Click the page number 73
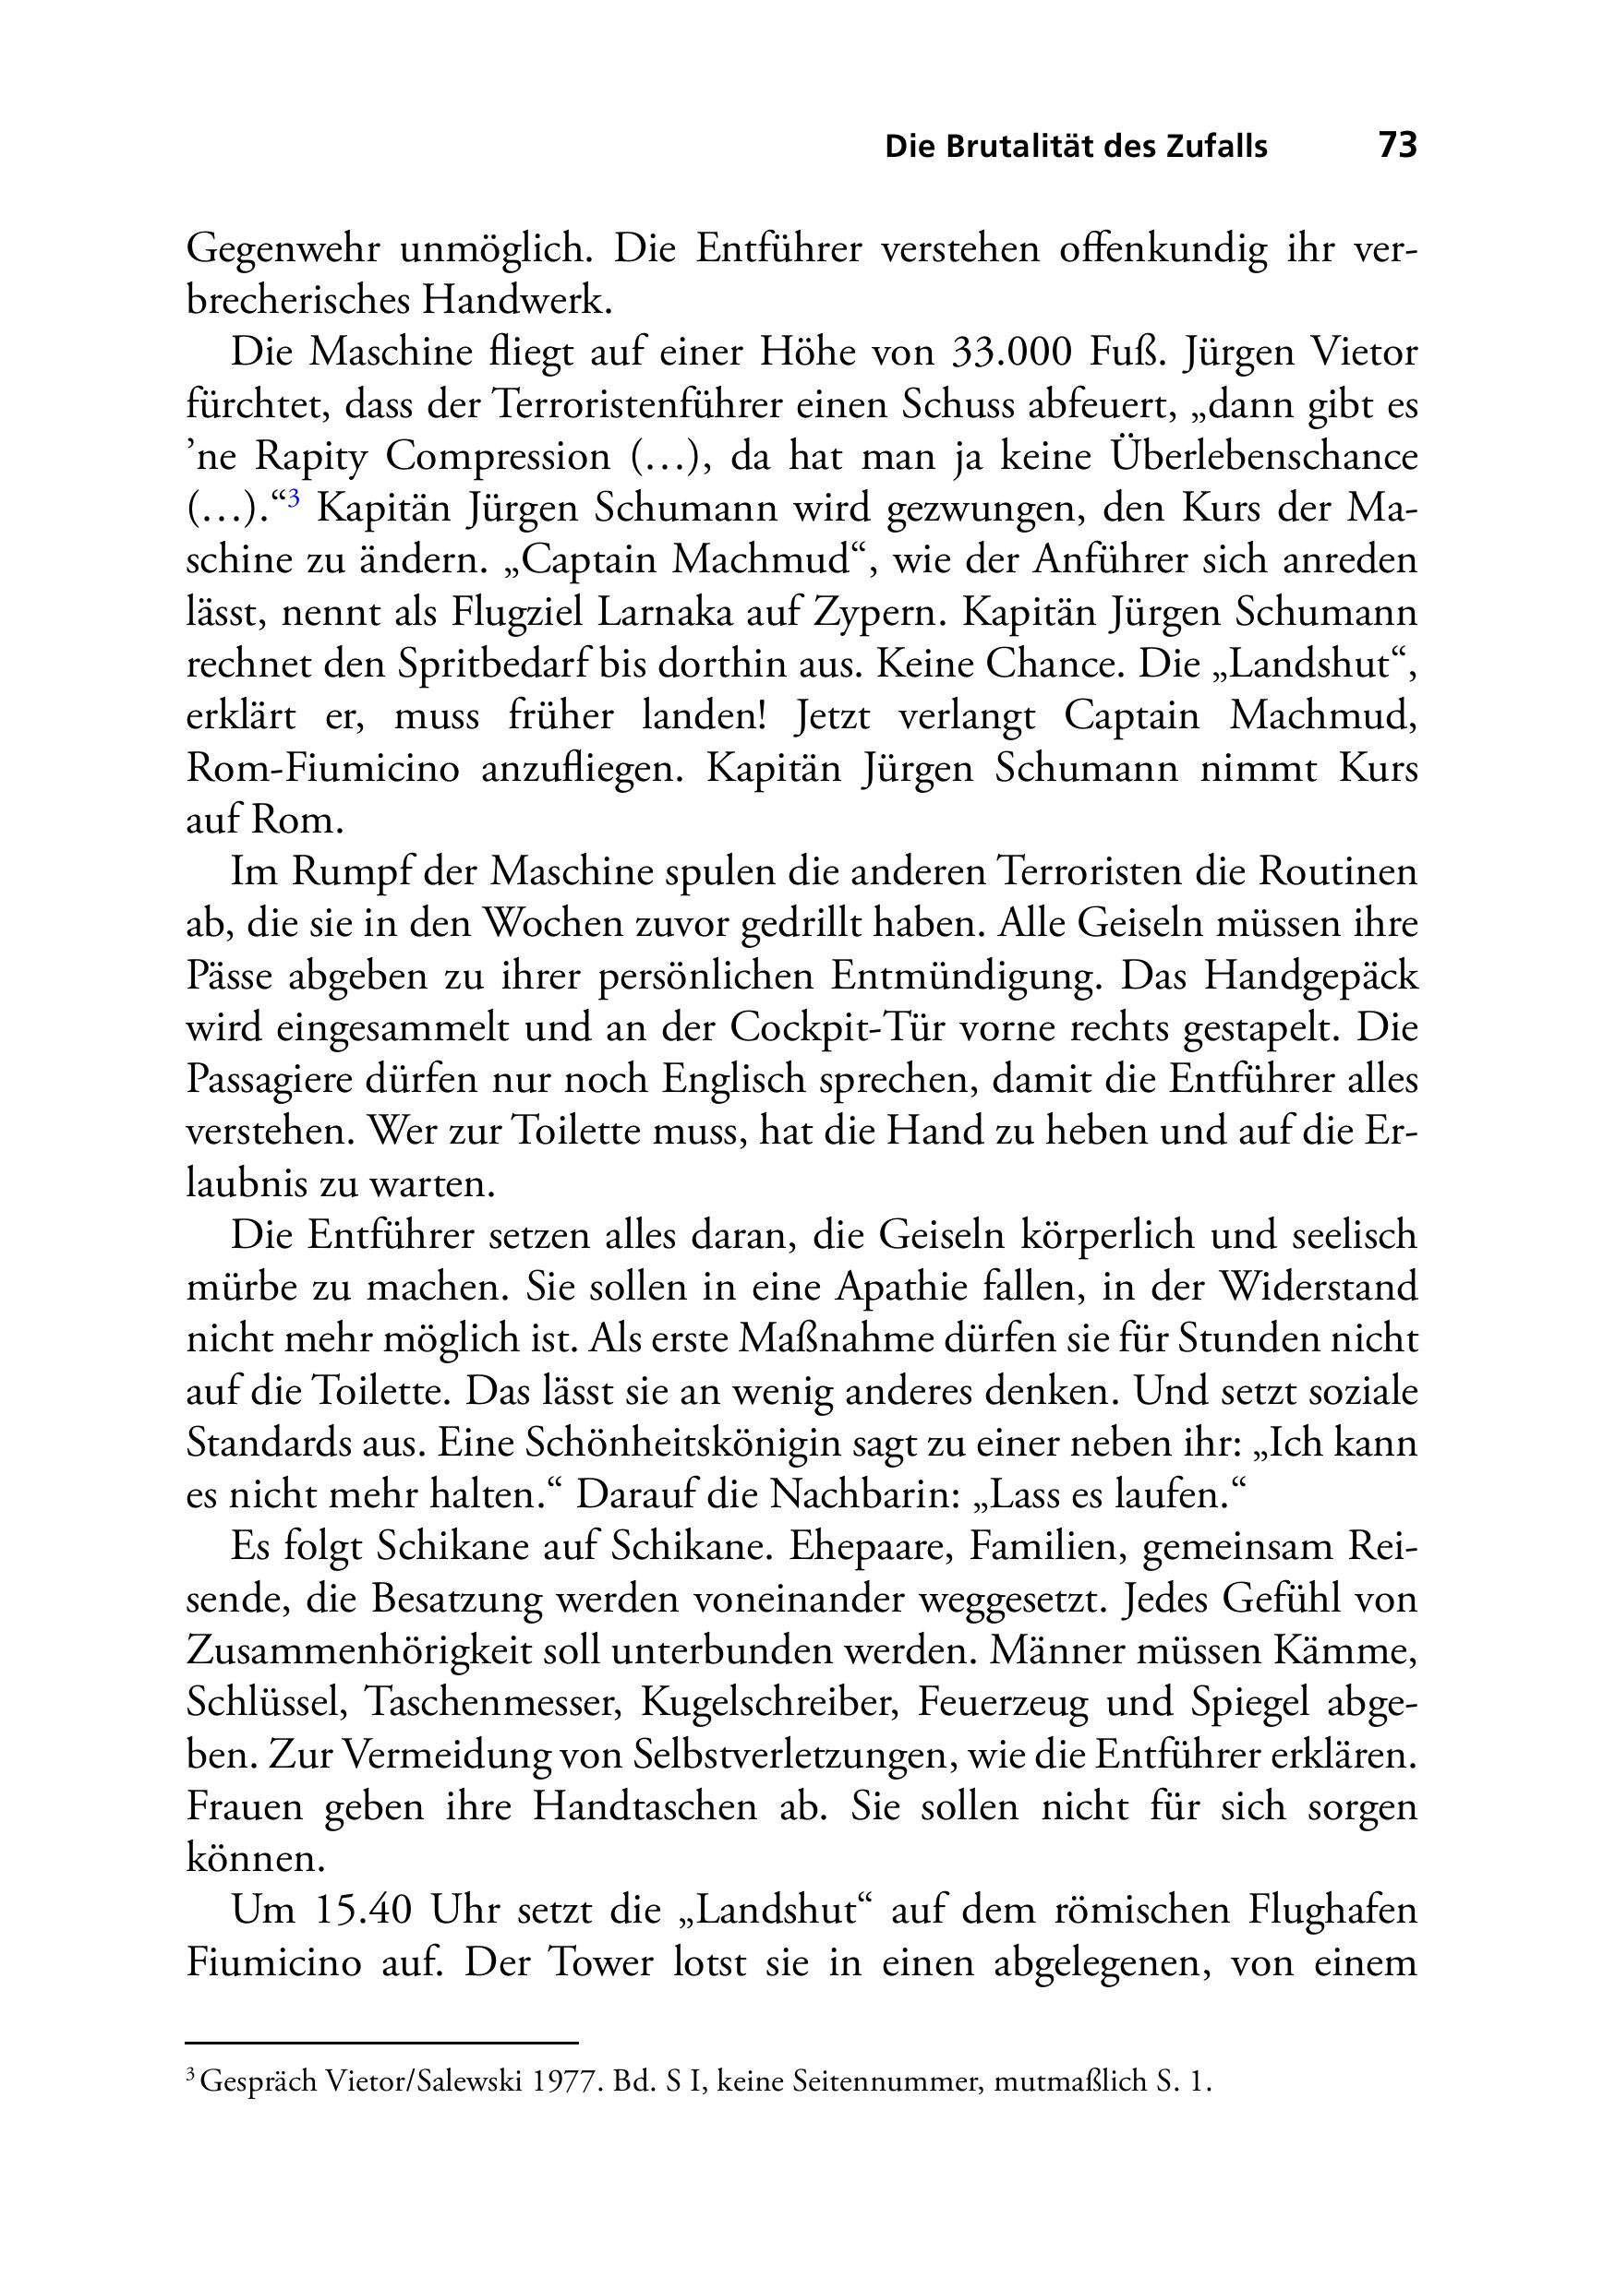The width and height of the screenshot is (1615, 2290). pyautogui.click(x=1396, y=146)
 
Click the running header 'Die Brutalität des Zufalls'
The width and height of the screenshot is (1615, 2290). pyautogui.click(x=1076, y=147)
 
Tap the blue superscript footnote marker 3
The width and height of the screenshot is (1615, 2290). pyautogui.click(x=294, y=498)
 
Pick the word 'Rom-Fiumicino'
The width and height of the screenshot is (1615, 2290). pyautogui.click(x=323, y=768)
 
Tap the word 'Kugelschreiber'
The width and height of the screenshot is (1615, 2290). pyautogui.click(x=768, y=1703)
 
